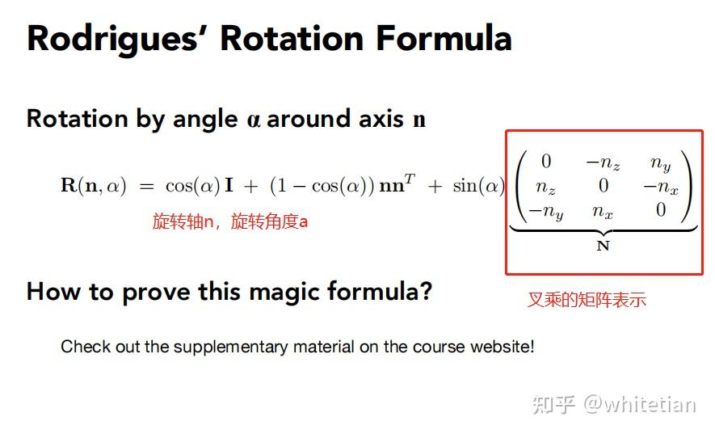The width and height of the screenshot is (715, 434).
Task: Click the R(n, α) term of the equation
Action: point(94,186)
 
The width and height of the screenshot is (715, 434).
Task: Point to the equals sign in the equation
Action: point(146,186)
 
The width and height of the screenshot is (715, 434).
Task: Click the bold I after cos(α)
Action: point(229,186)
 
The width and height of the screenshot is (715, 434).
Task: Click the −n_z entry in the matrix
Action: point(603,163)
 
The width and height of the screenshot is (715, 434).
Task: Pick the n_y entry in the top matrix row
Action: point(661,163)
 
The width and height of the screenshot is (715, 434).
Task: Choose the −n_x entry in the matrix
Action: point(661,188)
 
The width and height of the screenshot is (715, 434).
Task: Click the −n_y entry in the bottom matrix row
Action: point(545,212)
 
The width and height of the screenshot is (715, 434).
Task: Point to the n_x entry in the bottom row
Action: point(603,212)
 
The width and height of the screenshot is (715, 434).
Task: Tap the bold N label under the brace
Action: point(603,246)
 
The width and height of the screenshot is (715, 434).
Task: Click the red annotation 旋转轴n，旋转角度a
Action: point(230,221)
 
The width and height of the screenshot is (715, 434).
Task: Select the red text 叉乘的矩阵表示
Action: point(587,300)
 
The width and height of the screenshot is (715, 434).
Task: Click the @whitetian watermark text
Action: point(641,403)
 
